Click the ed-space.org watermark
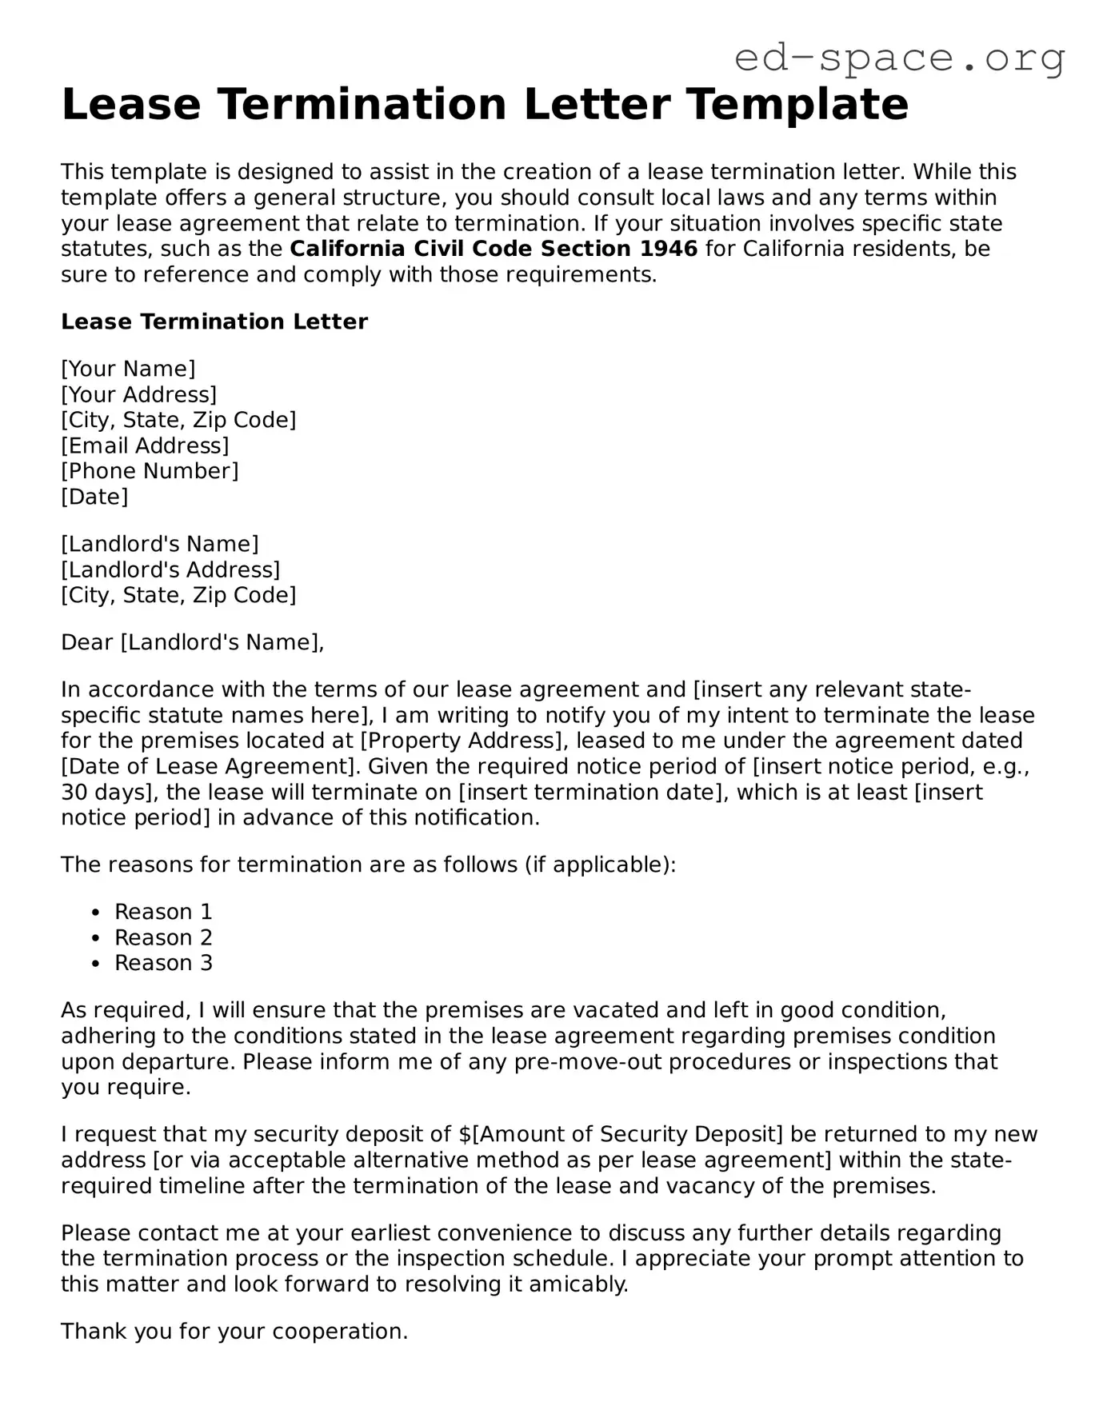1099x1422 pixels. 899,58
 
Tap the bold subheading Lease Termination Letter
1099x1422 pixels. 214,322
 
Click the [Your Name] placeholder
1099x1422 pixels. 128,369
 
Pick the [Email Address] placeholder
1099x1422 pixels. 145,445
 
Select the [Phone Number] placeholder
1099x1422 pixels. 150,471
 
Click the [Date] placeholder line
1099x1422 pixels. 94,497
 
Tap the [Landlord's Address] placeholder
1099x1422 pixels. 170,569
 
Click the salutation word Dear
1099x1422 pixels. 87,642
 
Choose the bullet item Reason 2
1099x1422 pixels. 163,937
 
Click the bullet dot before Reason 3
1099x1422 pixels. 97,964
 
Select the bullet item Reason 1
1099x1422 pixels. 163,912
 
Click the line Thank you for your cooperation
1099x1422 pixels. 234,1331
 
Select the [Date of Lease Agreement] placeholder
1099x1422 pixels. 210,766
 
